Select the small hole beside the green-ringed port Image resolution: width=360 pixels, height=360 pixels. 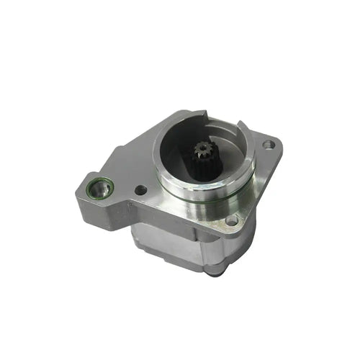click(140, 190)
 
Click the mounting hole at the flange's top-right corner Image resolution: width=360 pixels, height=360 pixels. click(268, 145)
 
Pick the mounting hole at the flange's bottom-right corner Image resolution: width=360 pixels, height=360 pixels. click(231, 220)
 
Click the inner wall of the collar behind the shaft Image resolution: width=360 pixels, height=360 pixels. click(180, 140)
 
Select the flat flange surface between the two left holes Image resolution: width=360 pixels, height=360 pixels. click(119, 187)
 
